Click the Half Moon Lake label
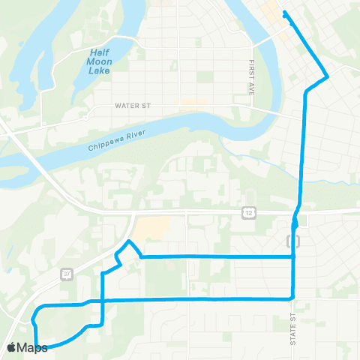pyautogui.click(x=100, y=61)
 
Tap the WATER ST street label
pyautogui.click(x=133, y=106)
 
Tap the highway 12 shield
pyautogui.click(x=248, y=214)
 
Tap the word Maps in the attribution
pyautogui.click(x=34, y=347)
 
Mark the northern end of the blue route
pyautogui.click(x=283, y=13)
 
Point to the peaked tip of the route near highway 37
pyautogui.click(x=130, y=241)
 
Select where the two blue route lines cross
pyautogui.click(x=101, y=301)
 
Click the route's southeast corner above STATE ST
pyautogui.click(x=292, y=298)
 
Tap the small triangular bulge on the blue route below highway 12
pyautogui.click(x=296, y=221)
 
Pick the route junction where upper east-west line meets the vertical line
pyautogui.click(x=293, y=256)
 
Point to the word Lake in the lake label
pyautogui.click(x=100, y=70)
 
